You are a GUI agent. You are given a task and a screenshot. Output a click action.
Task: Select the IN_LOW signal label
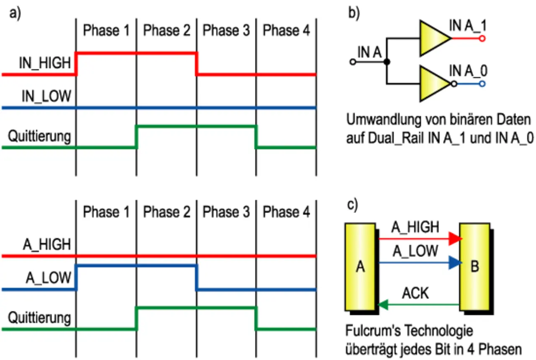(x=46, y=96)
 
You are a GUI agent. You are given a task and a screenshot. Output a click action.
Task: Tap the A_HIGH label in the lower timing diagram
(x=46, y=244)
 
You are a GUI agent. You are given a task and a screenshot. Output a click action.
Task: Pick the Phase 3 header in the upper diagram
(x=226, y=31)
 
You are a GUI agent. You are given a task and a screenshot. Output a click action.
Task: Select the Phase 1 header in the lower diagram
(x=106, y=212)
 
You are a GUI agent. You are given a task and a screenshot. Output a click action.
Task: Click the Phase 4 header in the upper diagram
(x=286, y=31)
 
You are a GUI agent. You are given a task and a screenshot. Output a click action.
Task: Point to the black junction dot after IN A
(x=387, y=62)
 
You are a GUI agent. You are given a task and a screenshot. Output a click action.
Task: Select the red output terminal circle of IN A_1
(x=482, y=39)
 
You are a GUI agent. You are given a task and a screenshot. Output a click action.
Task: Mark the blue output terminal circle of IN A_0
(x=482, y=84)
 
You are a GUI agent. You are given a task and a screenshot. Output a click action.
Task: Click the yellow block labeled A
(x=361, y=267)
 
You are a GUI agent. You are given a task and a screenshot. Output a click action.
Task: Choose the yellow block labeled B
(x=474, y=267)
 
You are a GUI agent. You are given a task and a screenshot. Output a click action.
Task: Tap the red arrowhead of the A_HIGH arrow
(x=455, y=239)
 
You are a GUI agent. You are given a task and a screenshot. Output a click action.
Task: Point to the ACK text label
(x=415, y=293)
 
